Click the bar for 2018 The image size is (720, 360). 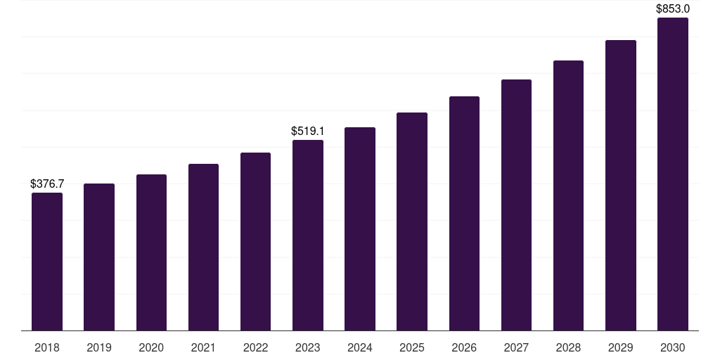click(47, 262)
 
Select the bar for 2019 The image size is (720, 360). click(99, 257)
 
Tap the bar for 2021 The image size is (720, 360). click(203, 247)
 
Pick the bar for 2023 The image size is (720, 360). click(308, 235)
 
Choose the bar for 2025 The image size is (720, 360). click(412, 221)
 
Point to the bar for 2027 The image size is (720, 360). click(516, 205)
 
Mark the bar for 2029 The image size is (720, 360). click(621, 185)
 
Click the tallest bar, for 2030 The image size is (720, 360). click(673, 174)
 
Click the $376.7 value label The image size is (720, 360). click(47, 184)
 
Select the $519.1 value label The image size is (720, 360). click(308, 131)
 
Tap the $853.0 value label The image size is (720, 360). click(673, 9)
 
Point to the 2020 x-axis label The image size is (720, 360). click(151, 347)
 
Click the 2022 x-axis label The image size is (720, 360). click(256, 347)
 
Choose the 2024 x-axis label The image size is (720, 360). click(360, 347)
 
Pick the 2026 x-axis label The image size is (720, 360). click(464, 347)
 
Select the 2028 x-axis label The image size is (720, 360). click(568, 347)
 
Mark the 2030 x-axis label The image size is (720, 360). click(673, 347)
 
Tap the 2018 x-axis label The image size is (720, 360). click(47, 347)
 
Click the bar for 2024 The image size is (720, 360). click(360, 229)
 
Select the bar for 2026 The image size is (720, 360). click(464, 213)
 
